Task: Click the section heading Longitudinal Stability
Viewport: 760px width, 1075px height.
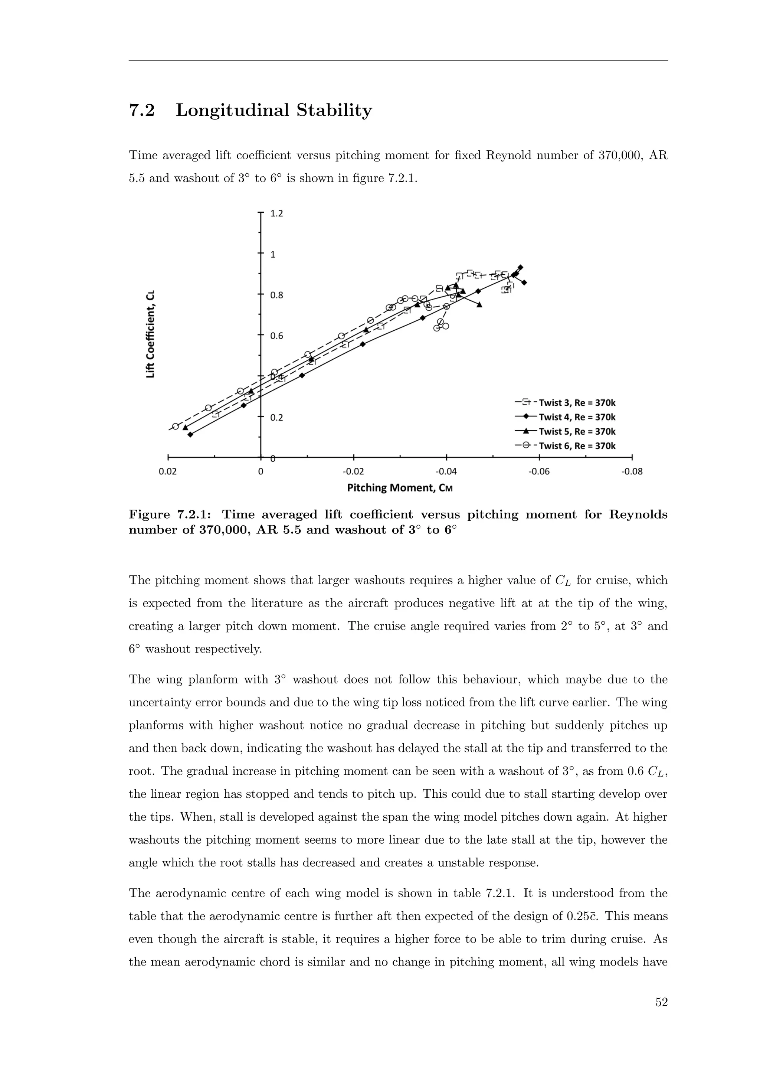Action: (274, 111)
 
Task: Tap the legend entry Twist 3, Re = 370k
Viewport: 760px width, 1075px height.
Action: (577, 403)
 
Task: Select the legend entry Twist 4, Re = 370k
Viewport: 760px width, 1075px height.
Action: (577, 417)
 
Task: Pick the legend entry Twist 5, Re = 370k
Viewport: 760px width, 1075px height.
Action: (577, 432)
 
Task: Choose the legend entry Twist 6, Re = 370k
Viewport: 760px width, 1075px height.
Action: (577, 446)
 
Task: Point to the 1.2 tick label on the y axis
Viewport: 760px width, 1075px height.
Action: (277, 214)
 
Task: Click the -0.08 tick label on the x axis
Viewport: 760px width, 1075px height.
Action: (632, 471)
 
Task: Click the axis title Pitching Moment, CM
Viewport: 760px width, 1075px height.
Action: (400, 488)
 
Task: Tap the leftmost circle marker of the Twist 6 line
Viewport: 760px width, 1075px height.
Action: (176, 426)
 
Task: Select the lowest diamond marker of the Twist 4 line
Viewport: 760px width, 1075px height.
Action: (190, 435)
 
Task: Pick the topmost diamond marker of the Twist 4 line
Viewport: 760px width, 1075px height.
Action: (520, 267)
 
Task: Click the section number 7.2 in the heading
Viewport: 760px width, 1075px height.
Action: (142, 111)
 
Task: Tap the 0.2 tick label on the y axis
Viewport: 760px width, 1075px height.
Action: (277, 418)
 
